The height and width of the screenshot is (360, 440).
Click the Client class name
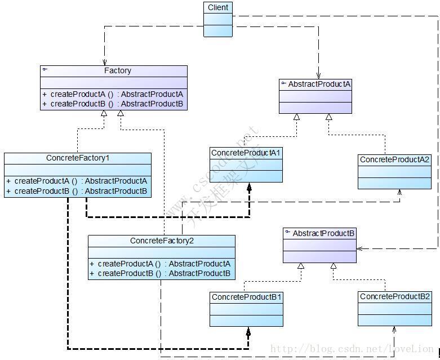click(218, 8)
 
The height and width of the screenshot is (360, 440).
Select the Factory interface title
click(117, 71)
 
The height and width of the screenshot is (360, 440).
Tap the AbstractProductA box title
click(319, 85)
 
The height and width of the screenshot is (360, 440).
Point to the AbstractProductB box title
click(323, 233)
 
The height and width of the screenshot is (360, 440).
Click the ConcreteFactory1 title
click(78, 158)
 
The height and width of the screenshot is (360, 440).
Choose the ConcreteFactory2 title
click(162, 241)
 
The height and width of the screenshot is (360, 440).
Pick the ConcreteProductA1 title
click(246, 153)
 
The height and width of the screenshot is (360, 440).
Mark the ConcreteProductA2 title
click(394, 160)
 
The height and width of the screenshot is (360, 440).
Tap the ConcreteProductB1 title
click(246, 297)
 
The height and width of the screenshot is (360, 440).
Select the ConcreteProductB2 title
click(394, 297)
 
